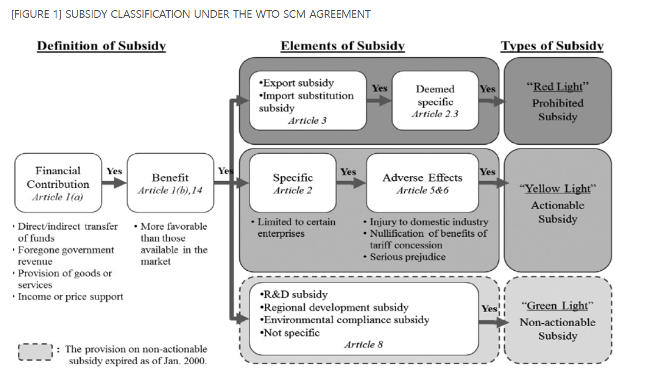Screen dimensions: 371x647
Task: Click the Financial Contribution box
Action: click(x=58, y=183)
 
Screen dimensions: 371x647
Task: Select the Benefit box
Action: click(x=170, y=183)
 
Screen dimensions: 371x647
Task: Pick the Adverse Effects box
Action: click(x=422, y=183)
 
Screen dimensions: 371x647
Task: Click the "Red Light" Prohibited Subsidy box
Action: click(x=557, y=101)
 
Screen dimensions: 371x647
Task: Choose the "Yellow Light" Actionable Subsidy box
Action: click(x=557, y=203)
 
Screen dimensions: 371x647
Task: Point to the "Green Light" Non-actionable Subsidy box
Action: click(x=557, y=321)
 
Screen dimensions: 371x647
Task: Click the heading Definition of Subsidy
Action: click(x=101, y=46)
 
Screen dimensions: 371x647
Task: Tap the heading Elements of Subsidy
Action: click(x=342, y=46)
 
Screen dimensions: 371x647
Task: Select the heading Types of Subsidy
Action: click(x=552, y=46)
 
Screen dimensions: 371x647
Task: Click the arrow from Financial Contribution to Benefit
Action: click(x=114, y=183)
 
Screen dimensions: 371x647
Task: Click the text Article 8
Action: click(x=363, y=344)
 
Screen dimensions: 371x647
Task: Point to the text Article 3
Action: click(x=307, y=120)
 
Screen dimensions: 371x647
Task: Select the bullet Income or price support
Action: click(x=70, y=297)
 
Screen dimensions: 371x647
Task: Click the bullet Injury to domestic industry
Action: click(x=428, y=222)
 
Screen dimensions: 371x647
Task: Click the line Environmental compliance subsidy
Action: click(x=346, y=320)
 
